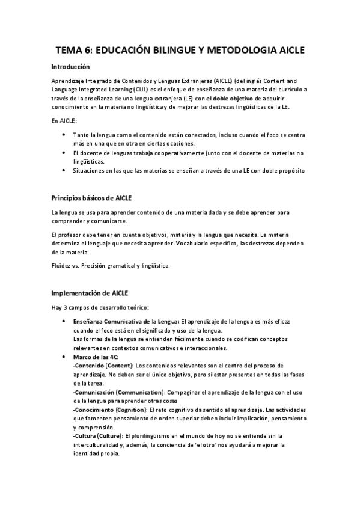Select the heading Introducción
coord(70,67)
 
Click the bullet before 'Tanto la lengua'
coord(64,135)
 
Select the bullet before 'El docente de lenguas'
coord(64,153)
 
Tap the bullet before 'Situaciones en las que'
coord(64,170)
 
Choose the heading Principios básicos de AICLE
coord(92,198)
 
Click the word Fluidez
coord(63,265)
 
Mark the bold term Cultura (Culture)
coord(96,435)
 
